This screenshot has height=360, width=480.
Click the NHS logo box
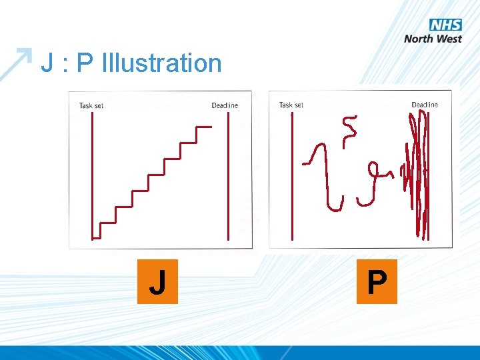click(445, 25)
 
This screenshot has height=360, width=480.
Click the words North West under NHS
click(433, 39)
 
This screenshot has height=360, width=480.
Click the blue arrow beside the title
click(16, 63)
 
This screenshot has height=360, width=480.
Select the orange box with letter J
click(157, 282)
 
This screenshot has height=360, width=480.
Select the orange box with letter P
click(377, 282)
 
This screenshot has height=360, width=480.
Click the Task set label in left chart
click(91, 105)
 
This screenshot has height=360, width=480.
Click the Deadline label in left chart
click(225, 105)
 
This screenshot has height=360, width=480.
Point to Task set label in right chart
click(291, 105)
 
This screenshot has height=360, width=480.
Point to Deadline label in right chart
click(425, 105)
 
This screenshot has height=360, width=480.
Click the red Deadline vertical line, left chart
click(229, 173)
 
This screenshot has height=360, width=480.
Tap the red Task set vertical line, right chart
click(292, 173)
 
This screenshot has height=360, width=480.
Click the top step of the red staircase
click(204, 126)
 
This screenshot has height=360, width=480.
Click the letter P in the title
click(85, 63)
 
